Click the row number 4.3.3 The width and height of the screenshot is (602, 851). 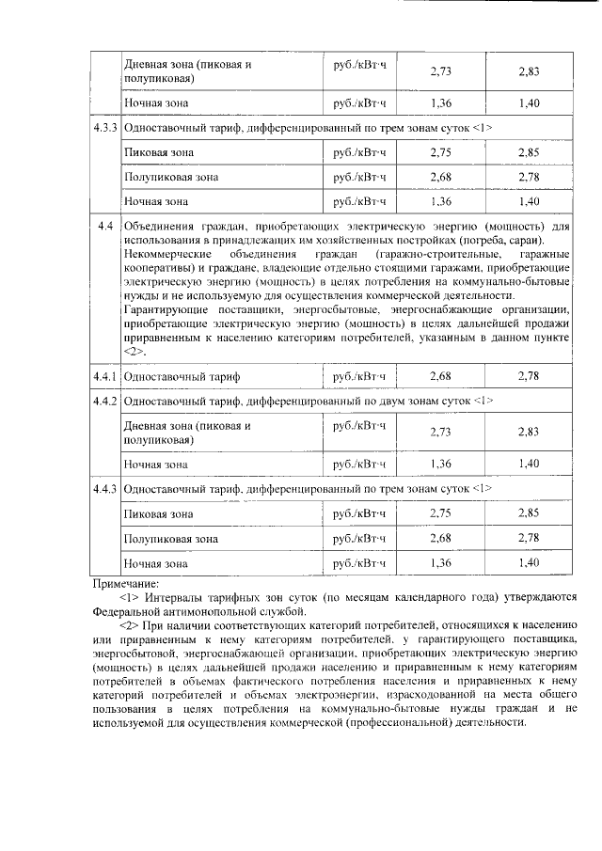(104, 126)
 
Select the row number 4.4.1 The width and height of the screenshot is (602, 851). (104, 376)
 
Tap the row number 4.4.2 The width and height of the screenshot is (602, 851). (104, 402)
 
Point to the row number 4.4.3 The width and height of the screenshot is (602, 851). (104, 489)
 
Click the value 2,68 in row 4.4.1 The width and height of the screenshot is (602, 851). (440, 376)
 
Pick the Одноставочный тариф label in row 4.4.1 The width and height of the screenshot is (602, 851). (182, 376)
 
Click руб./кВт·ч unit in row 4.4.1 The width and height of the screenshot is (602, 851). (360, 376)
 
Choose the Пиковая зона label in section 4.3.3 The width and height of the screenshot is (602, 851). (159, 150)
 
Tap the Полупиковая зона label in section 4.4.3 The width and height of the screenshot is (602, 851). (171, 539)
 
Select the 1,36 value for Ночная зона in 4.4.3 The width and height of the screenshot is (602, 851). (440, 563)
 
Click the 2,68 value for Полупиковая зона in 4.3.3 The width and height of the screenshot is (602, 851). (440, 176)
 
